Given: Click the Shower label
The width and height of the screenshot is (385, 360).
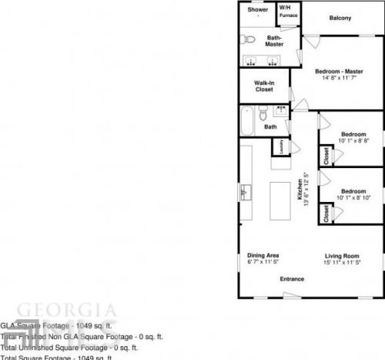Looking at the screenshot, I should point(258,10).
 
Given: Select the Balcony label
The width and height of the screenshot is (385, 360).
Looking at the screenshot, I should point(340,18).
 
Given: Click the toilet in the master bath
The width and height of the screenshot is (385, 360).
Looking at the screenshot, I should point(249,39).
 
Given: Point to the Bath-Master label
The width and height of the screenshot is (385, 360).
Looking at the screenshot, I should point(274,41).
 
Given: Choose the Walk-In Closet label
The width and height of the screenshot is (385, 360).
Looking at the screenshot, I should point(264,86).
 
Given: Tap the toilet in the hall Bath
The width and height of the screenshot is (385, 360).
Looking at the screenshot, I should point(281,113).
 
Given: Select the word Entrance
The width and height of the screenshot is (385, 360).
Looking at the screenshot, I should point(292,278).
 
